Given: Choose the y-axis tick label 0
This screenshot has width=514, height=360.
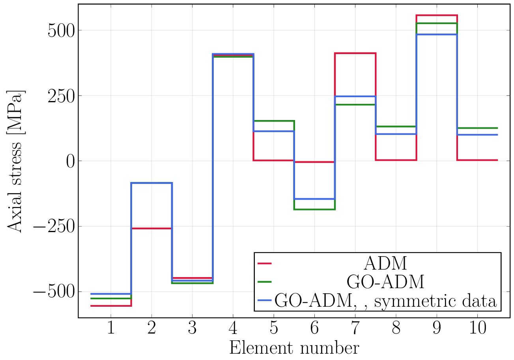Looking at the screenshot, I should pyautogui.click(x=71, y=161).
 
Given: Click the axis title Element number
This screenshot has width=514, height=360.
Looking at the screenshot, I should pyautogui.click(x=294, y=349).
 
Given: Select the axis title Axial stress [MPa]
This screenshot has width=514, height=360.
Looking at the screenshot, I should pyautogui.click(x=16, y=161).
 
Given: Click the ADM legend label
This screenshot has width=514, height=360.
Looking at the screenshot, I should pyautogui.click(x=385, y=262).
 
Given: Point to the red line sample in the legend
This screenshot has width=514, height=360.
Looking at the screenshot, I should pyautogui.click(x=265, y=262).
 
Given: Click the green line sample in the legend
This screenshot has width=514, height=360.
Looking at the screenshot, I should pyautogui.click(x=265, y=282).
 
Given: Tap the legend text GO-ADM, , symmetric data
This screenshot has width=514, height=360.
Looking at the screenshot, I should pyautogui.click(x=385, y=301).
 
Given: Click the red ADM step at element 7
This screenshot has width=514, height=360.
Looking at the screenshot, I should pyautogui.click(x=355, y=53).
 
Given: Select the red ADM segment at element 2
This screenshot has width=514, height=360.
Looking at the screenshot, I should pyautogui.click(x=151, y=229).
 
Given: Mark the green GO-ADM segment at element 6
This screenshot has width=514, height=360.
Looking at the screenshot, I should pyautogui.click(x=314, y=209).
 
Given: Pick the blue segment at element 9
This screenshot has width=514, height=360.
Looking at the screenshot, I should pyautogui.click(x=437, y=35).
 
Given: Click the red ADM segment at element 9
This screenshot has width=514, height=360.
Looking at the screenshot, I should pyautogui.click(x=437, y=15).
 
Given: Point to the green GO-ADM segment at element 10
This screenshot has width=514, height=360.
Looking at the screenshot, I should pyautogui.click(x=477, y=128).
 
